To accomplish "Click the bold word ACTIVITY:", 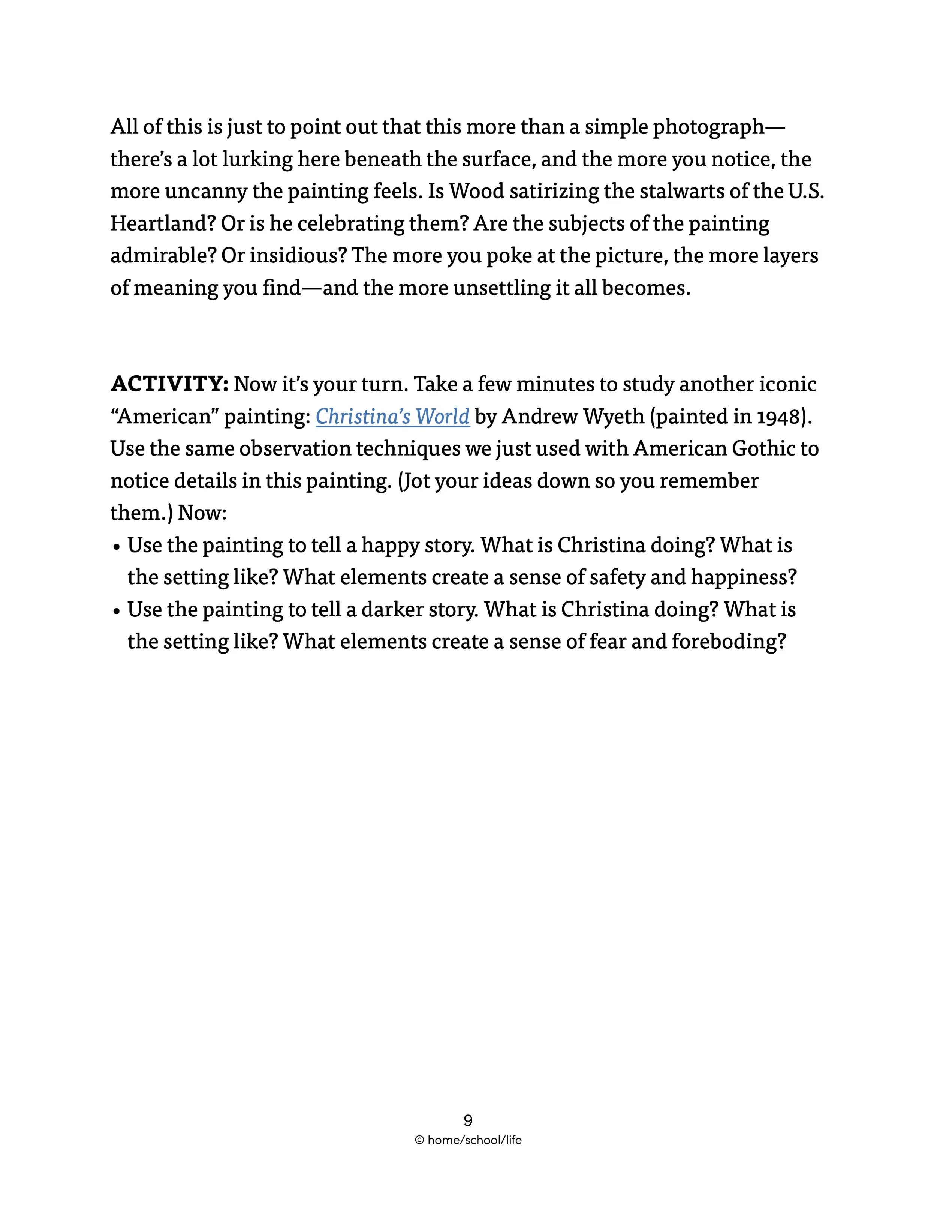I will coord(169,384).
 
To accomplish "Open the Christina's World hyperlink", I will coord(392,416).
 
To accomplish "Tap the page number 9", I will coord(468,1120).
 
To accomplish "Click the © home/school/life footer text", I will coord(468,1140).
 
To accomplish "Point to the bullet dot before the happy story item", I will coord(117,547).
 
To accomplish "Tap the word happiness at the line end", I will coord(743,577).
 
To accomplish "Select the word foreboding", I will coord(728,642).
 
